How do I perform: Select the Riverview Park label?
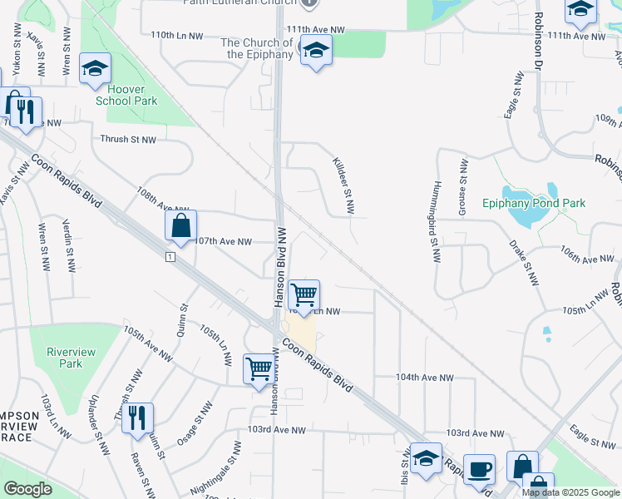pos(71,358)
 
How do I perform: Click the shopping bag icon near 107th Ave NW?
pos(180,225)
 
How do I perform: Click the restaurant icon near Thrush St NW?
pos(137,417)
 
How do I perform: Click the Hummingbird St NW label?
pos(435,220)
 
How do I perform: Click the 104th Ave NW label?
pos(424,378)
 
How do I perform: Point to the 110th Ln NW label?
pos(177,36)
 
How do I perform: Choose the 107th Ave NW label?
pos(223,242)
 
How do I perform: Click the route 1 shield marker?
pos(170,258)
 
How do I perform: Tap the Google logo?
pos(28,489)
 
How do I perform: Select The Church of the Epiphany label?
pos(256,48)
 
